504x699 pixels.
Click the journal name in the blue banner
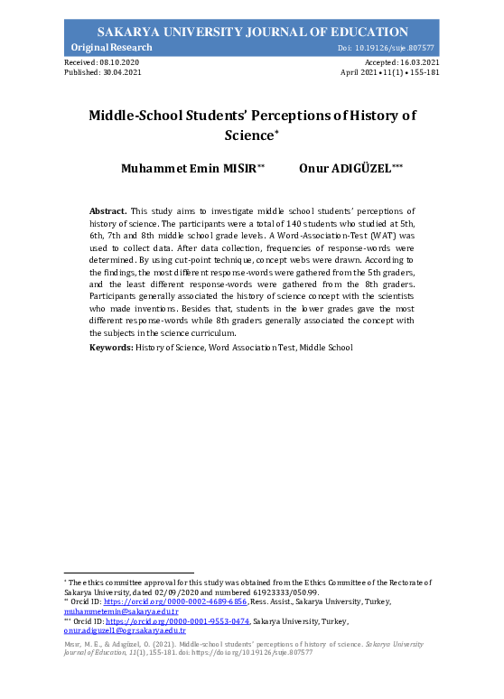(x=252, y=32)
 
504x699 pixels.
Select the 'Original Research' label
(x=102, y=47)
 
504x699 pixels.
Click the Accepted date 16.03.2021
(x=415, y=61)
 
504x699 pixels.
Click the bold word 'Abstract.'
(x=108, y=210)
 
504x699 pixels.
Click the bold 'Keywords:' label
(x=111, y=348)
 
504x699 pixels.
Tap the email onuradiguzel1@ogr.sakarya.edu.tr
(x=124, y=631)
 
